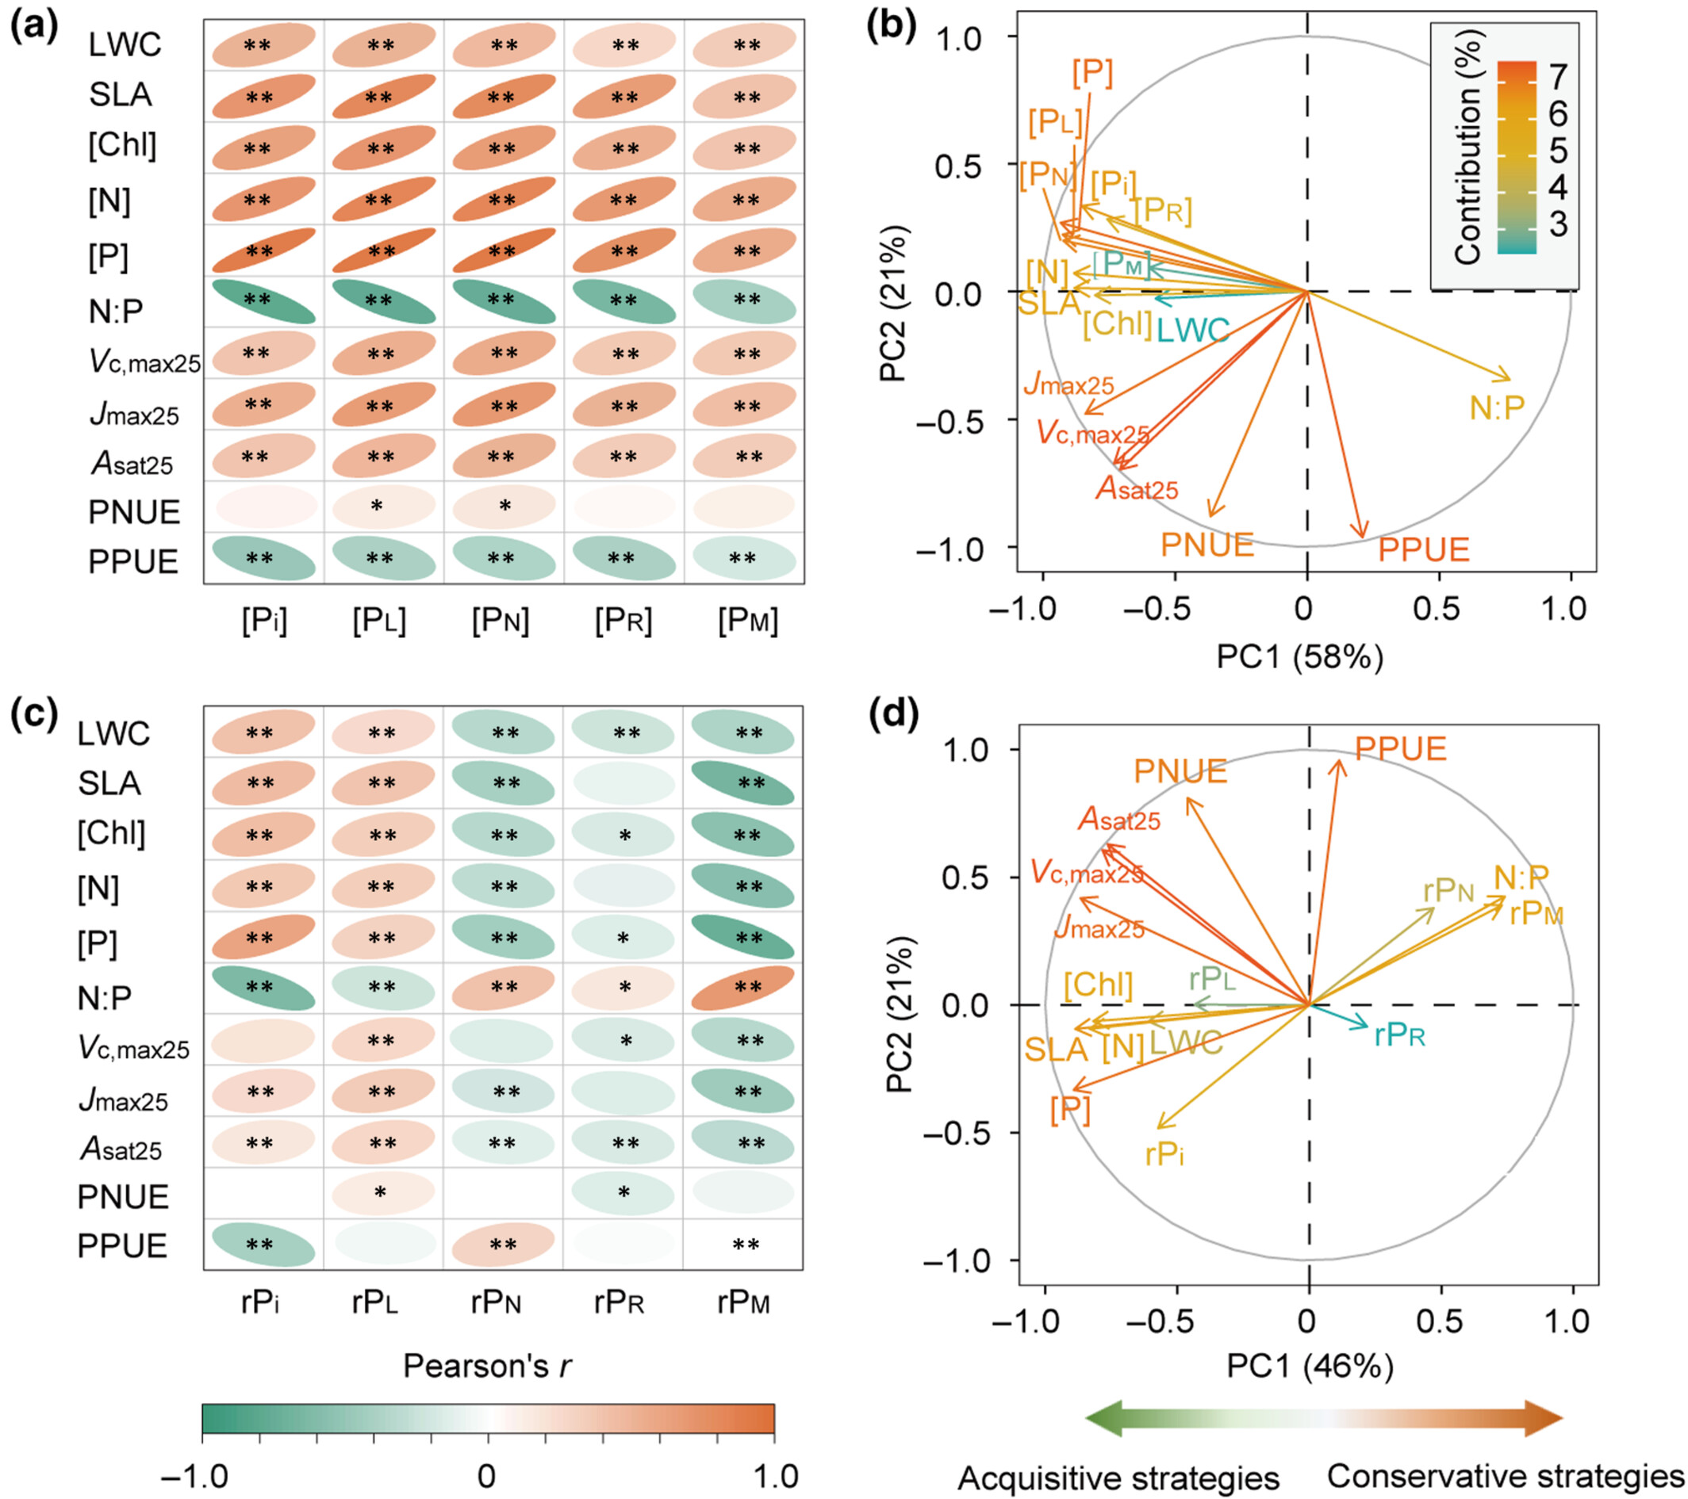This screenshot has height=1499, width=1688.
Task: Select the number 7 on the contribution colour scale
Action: pyautogui.click(x=1558, y=76)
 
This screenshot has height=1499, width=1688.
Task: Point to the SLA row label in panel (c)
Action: pyautogui.click(x=109, y=783)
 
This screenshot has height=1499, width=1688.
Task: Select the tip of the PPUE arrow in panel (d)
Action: pyautogui.click(x=1341, y=760)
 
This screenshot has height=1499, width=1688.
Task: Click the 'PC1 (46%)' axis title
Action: pyautogui.click(x=1310, y=1367)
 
